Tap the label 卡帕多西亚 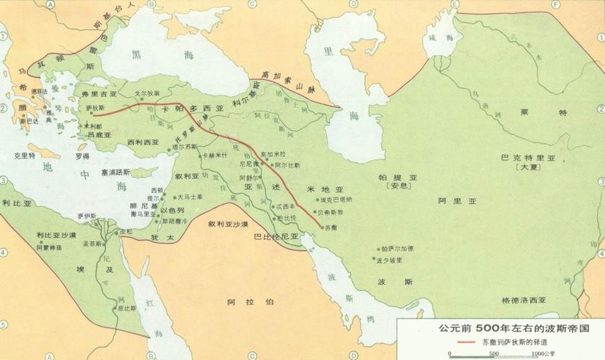[x=194, y=109]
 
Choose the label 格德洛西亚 [x=524, y=299]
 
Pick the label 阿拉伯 [x=241, y=302]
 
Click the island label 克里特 [x=22, y=155]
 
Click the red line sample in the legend [x=459, y=342]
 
